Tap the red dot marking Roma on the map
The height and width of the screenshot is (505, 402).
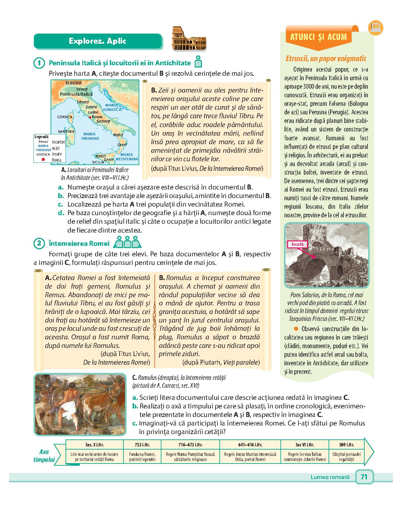point(90,117)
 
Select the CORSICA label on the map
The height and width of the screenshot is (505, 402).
point(65,117)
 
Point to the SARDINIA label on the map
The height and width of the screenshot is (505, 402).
point(66,131)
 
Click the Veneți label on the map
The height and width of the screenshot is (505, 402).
point(82,89)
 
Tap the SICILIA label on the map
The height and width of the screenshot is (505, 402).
point(98,162)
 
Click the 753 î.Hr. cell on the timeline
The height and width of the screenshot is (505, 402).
point(142,445)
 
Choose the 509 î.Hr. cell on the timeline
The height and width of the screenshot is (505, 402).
point(346,445)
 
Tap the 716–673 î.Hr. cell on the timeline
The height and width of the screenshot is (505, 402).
point(190,445)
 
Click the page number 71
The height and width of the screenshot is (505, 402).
point(364,477)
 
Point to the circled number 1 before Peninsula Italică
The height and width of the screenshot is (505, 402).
point(39,63)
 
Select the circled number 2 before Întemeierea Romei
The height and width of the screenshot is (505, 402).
point(39,244)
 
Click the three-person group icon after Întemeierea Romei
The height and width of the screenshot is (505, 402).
point(127,242)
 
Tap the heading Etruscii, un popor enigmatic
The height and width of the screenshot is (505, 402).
point(326,59)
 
